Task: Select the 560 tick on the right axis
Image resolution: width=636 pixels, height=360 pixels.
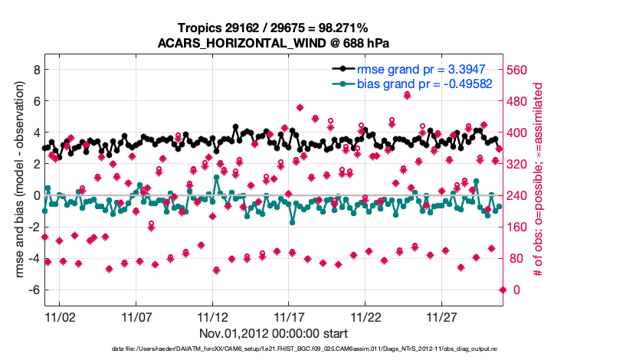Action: (x=519, y=70)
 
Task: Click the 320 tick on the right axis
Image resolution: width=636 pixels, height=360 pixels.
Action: (x=519, y=164)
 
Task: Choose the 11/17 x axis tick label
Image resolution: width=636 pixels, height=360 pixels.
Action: (x=290, y=316)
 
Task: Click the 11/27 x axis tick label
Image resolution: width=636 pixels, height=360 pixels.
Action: (x=443, y=316)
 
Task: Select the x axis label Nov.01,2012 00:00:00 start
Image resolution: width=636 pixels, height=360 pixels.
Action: (x=273, y=333)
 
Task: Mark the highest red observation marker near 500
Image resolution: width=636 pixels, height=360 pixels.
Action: (x=407, y=95)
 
